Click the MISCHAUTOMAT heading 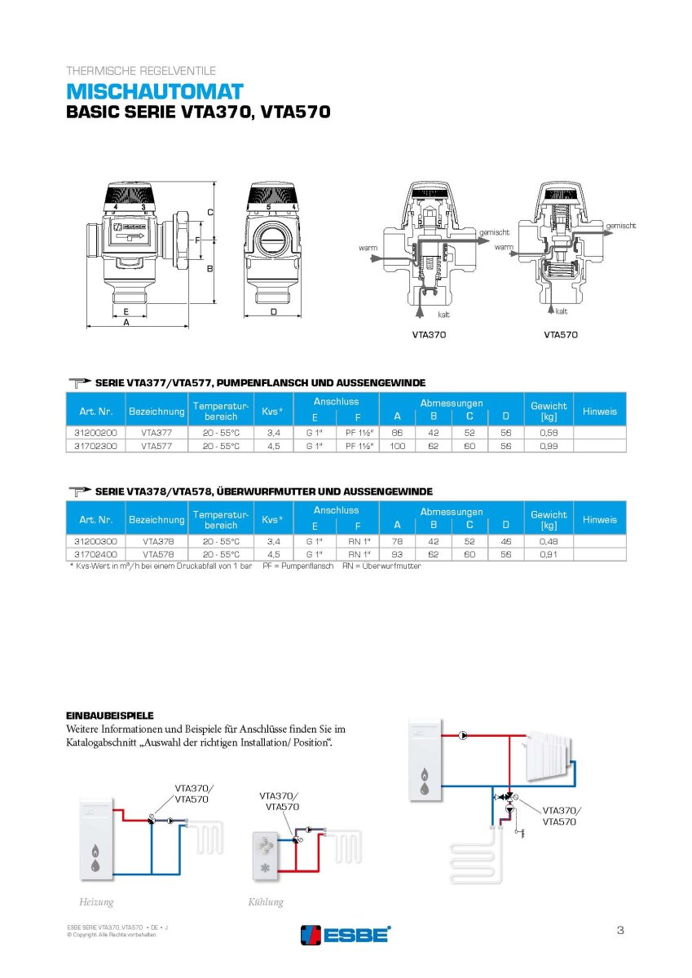(x=154, y=90)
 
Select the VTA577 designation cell (x=156, y=446)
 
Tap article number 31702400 (x=95, y=554)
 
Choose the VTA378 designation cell (x=156, y=540)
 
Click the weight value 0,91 (x=549, y=554)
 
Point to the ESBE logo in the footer (x=346, y=934)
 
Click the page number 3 (x=620, y=930)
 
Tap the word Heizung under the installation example (x=96, y=902)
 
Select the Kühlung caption (x=266, y=902)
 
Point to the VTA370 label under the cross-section (x=429, y=334)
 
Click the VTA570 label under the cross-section (x=560, y=334)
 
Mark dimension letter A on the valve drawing (x=126, y=323)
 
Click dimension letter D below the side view (x=273, y=312)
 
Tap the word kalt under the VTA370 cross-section (x=443, y=314)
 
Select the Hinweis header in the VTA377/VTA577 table (x=600, y=411)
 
